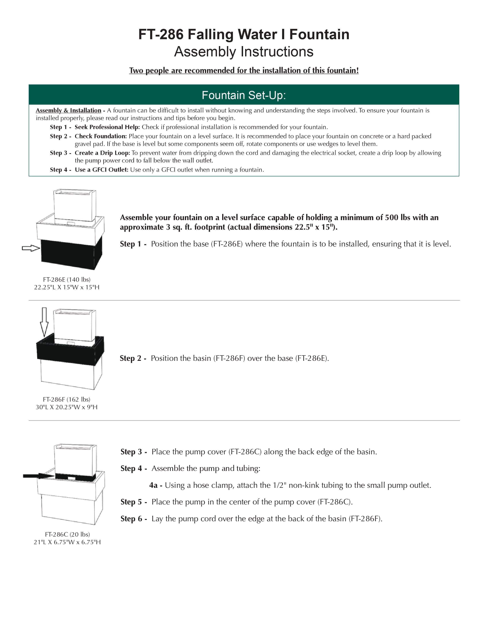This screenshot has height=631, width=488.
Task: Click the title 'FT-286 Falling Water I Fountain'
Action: click(244, 34)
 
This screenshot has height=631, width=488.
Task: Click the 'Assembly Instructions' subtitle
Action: click(244, 52)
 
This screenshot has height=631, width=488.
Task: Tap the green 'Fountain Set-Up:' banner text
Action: click(244, 95)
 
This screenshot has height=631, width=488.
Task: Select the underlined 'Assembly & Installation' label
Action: click(69, 110)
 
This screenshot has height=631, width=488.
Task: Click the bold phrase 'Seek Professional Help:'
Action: click(107, 127)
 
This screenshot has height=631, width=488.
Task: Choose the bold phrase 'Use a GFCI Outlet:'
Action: click(101, 170)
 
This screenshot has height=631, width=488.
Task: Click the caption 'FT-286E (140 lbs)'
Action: click(67, 279)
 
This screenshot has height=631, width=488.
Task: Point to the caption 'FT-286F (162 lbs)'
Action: click(66, 399)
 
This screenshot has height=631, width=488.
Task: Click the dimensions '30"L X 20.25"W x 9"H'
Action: click(66, 407)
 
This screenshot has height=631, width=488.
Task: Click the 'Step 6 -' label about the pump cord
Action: click(134, 519)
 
